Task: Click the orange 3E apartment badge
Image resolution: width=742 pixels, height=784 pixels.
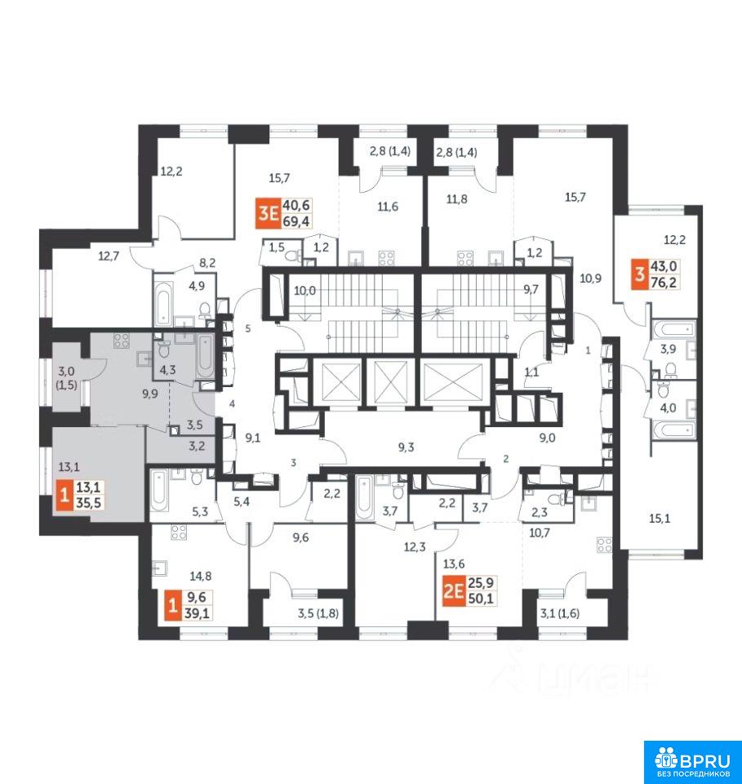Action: [268, 213]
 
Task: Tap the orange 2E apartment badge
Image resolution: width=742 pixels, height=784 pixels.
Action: [453, 591]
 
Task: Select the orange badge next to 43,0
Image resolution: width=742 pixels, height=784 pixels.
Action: [639, 275]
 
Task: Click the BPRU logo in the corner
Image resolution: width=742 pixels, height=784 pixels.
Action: [692, 762]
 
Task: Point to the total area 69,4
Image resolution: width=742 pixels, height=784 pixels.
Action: [296, 221]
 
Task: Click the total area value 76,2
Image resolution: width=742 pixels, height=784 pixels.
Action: [664, 283]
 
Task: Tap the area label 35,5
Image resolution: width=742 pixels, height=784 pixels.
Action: [88, 502]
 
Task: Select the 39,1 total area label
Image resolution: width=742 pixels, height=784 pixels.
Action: [197, 612]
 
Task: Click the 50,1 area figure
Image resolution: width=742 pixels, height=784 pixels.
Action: [481, 598]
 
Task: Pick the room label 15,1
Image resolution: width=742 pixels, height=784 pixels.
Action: [660, 519]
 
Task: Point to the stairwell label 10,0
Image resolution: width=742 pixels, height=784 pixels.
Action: [304, 291]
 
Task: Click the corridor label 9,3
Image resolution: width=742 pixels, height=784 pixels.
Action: [407, 448]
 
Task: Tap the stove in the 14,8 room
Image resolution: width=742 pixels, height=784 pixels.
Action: [179, 532]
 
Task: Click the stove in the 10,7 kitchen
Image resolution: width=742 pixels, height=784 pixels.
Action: [605, 545]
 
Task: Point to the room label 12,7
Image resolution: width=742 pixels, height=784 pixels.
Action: [109, 256]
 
